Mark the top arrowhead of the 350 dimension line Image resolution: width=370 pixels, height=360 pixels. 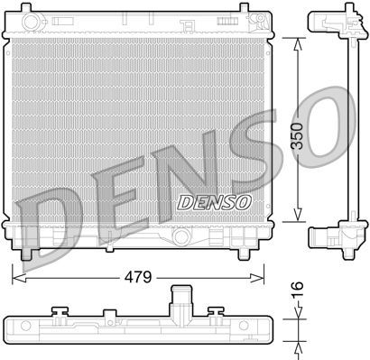coord(298,41)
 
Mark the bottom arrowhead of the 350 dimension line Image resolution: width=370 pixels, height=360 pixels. coord(298,218)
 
